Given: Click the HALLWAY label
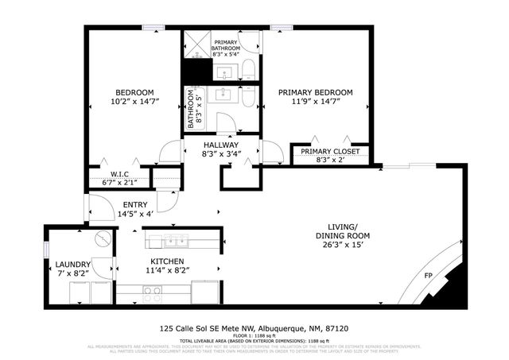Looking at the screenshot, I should (220, 145).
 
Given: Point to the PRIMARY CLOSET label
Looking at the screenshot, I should (330, 151).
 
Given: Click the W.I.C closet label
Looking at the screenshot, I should (119, 174).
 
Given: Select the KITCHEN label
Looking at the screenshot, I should (167, 261).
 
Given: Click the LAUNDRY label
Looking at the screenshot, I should (72, 264).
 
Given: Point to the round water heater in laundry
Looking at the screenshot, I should (101, 238).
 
